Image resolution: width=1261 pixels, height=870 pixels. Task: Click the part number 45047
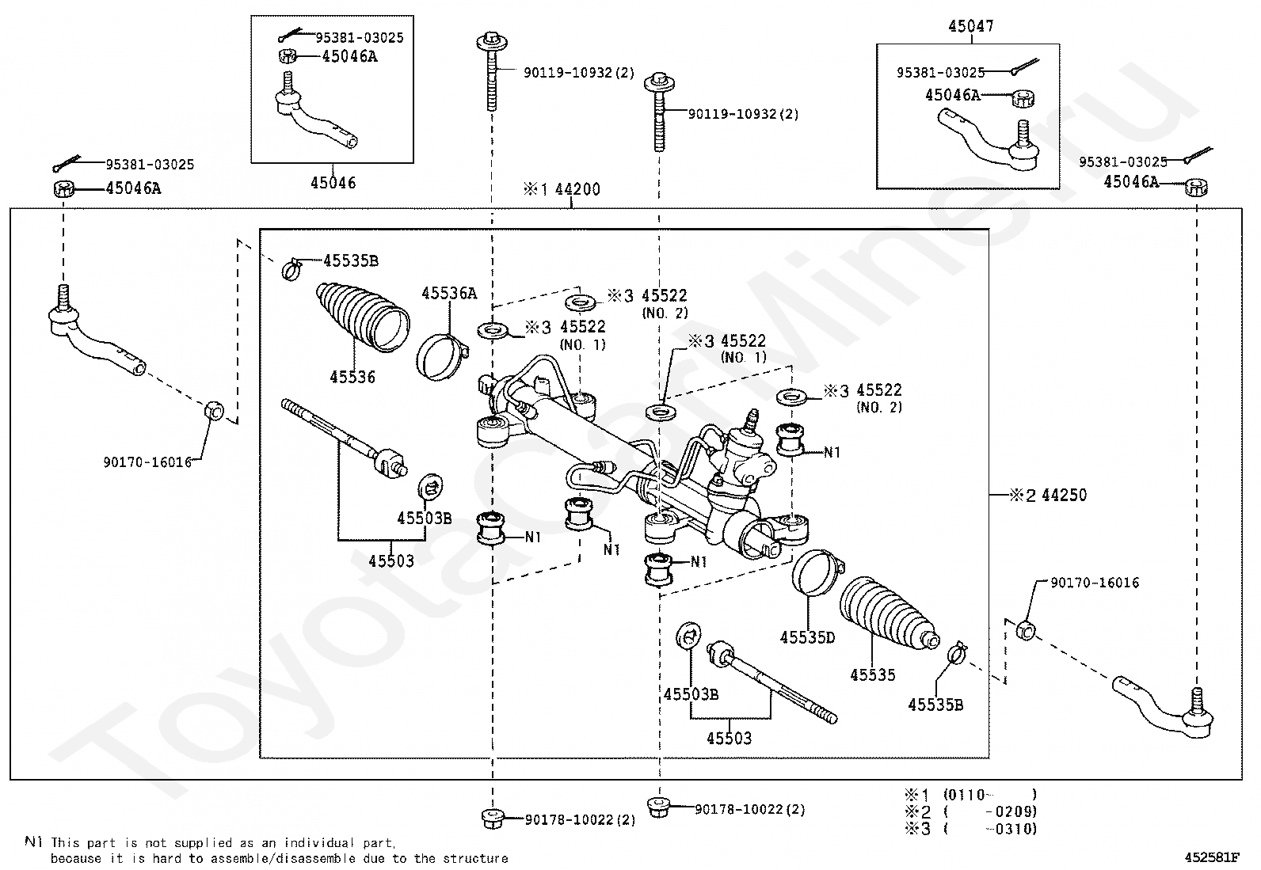[971, 26]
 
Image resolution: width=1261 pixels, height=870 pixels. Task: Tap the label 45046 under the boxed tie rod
[333, 183]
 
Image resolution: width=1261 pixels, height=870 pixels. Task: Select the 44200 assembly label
[577, 189]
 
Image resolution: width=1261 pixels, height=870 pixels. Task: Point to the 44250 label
[1064, 496]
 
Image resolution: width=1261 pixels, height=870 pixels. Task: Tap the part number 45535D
[807, 637]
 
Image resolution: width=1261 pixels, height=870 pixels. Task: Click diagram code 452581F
[1212, 857]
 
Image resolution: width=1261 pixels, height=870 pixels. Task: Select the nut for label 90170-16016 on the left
[214, 411]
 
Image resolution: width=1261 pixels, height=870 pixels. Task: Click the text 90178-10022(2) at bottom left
[581, 820]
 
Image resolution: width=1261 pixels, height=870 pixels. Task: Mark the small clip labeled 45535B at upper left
[291, 268]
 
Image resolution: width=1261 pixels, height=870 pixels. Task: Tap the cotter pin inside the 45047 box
[1025, 67]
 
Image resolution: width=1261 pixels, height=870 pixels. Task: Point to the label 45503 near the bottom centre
[729, 739]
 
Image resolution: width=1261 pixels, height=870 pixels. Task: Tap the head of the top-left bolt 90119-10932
[492, 42]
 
